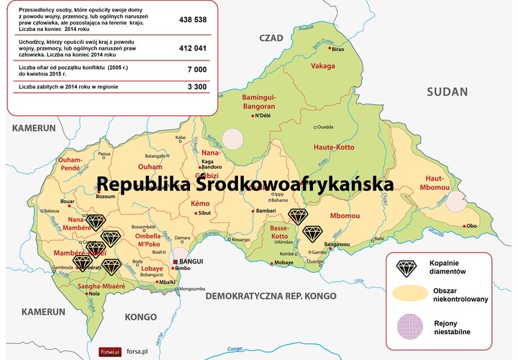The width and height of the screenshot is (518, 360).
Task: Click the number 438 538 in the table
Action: coord(194,19)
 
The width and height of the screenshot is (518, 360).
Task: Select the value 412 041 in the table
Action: coord(194,49)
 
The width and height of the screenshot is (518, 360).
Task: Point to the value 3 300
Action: coord(197,86)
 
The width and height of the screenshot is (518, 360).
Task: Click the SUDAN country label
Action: coord(447,91)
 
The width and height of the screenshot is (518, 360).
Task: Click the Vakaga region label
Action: coord(323,66)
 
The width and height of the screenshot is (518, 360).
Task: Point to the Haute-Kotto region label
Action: coord(334,147)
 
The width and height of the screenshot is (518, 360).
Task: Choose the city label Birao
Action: coord(337,49)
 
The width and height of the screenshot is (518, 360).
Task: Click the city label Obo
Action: coord(472,225)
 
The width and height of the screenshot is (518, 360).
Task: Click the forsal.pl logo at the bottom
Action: coord(111,351)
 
